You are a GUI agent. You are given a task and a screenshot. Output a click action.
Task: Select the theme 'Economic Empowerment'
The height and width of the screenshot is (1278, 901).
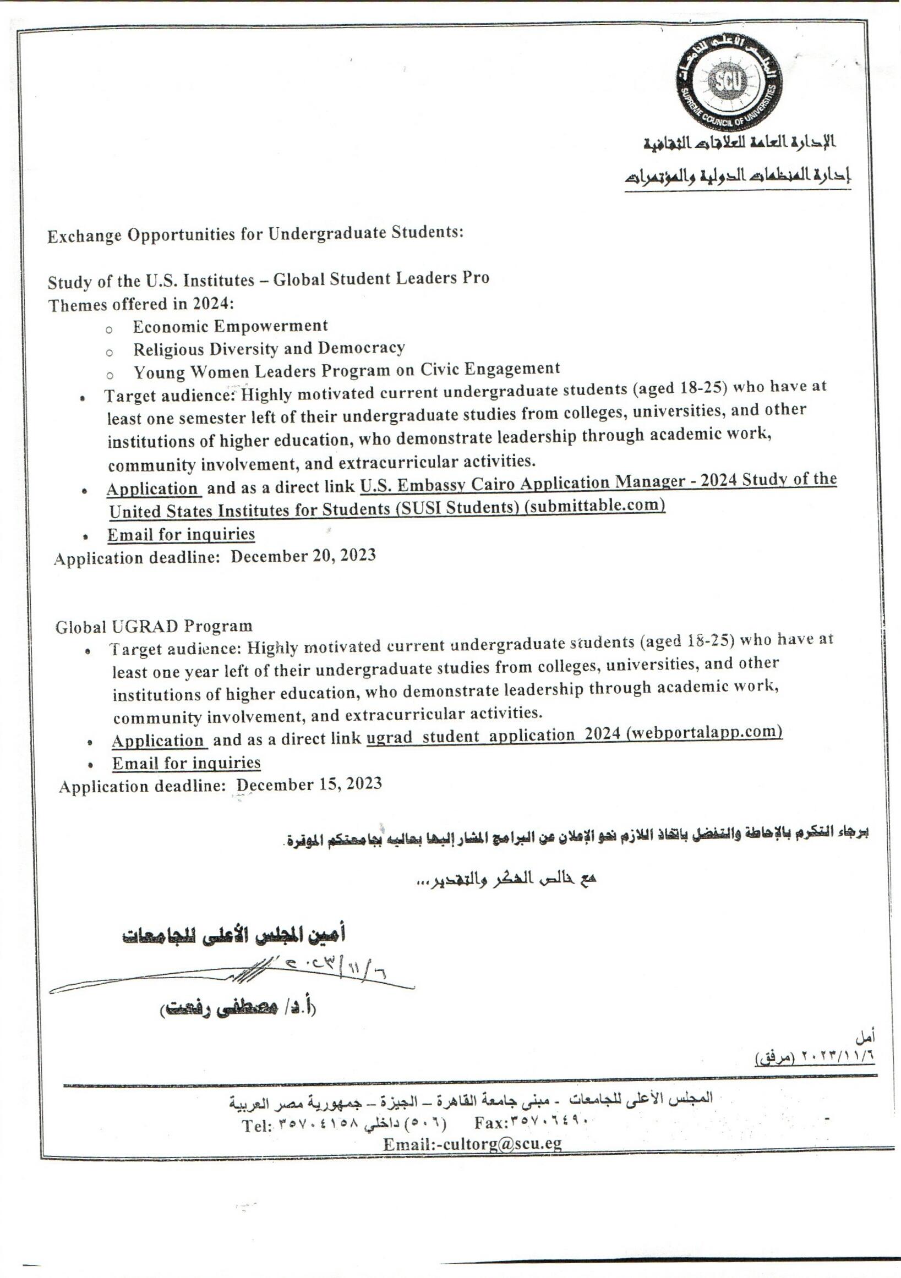coord(230,326)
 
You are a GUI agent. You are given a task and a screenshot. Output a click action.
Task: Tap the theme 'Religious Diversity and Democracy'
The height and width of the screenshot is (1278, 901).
coord(269,349)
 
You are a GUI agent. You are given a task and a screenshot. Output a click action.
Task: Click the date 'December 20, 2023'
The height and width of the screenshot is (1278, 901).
coord(303,556)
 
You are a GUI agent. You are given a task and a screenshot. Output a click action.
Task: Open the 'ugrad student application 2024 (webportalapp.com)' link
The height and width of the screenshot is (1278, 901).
coord(574,735)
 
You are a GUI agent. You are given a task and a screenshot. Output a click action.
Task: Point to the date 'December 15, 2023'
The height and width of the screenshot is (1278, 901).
coord(309,785)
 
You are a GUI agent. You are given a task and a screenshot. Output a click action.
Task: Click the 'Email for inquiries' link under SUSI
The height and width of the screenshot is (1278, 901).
coord(181,535)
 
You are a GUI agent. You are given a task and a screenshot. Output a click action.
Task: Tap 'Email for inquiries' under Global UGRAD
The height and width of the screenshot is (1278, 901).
coord(186,763)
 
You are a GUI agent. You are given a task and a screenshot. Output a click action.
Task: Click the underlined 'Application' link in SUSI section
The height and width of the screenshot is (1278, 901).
coord(152,489)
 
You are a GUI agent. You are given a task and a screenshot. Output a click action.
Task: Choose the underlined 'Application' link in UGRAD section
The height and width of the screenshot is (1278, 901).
coord(158,742)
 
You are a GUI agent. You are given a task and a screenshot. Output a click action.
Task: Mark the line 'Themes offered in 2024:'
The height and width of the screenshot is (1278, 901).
coord(141,304)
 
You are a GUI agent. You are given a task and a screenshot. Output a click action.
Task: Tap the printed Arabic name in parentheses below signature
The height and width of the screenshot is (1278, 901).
coord(238,1009)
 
